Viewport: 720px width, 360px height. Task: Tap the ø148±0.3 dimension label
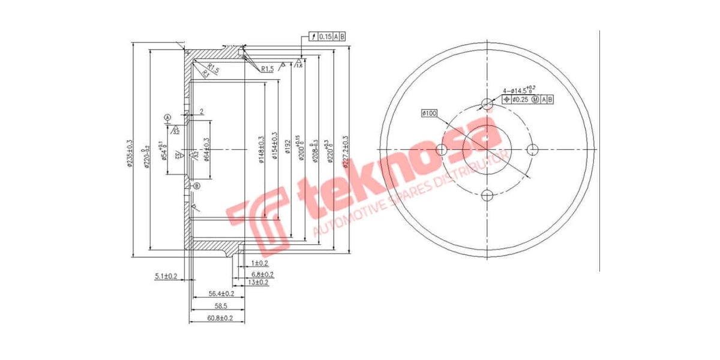(x=262, y=148)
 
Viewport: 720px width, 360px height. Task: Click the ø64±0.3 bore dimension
(x=206, y=149)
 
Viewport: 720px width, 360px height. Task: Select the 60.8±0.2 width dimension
(x=220, y=318)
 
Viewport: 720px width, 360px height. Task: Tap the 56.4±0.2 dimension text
(x=221, y=294)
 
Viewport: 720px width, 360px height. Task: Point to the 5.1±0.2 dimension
(x=166, y=276)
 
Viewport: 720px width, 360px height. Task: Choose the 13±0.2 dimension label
(x=258, y=282)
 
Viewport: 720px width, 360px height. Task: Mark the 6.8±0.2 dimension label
(x=263, y=274)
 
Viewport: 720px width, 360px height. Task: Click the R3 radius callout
(x=206, y=74)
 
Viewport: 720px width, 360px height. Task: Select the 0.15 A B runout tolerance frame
(x=328, y=37)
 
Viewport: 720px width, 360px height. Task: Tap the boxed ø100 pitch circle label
(x=430, y=112)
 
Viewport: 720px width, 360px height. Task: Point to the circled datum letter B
(x=196, y=187)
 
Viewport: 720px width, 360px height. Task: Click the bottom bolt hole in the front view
(x=487, y=194)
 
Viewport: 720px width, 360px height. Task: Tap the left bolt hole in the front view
(x=442, y=149)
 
